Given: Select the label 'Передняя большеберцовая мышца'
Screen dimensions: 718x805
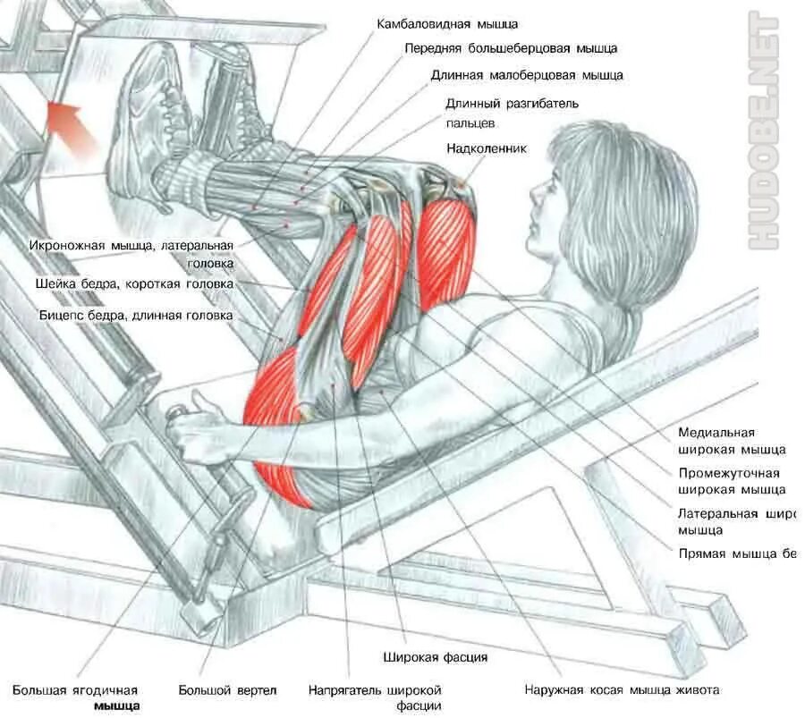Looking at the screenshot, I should pyautogui.click(x=510, y=48).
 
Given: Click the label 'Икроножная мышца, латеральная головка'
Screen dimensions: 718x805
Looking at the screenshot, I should pyautogui.click(x=133, y=254).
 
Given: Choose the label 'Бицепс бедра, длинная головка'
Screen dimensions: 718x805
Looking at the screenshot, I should pyautogui.click(x=135, y=316).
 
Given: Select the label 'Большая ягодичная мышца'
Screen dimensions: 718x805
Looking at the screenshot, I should pyautogui.click(x=76, y=697).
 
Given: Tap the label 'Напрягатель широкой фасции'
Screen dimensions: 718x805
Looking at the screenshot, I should pyautogui.click(x=376, y=697).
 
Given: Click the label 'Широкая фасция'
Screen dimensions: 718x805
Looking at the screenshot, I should pyautogui.click(x=436, y=658).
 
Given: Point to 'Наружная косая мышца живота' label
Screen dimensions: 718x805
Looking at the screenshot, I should pyautogui.click(x=621, y=690).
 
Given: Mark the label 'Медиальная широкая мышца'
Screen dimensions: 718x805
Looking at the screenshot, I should pyautogui.click(x=731, y=441).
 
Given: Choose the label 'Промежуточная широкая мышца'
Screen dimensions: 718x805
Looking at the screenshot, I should pyautogui.click(x=731, y=481).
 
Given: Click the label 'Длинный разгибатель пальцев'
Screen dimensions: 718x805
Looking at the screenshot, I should pyautogui.click(x=512, y=112).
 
